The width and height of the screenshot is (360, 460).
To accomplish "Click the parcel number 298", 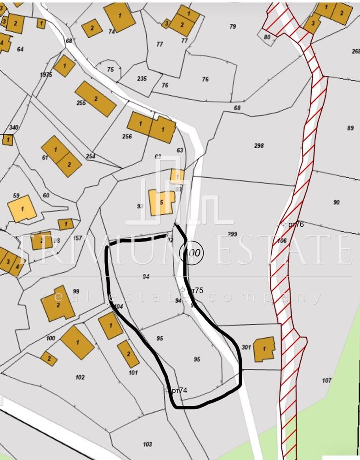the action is (259, 146).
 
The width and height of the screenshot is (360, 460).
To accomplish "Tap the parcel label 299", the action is (232, 234).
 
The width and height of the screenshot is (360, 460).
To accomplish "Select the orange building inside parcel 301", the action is (264, 349).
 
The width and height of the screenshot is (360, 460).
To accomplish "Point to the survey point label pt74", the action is (179, 391).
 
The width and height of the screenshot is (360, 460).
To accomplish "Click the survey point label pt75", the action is (196, 290).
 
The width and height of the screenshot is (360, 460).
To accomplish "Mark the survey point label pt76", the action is (296, 224).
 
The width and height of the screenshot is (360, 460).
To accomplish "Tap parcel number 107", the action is (326, 380).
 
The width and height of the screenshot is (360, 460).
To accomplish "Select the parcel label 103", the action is (147, 444).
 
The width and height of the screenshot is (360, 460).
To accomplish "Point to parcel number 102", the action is (80, 377).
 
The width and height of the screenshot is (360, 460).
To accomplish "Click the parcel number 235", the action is (142, 79).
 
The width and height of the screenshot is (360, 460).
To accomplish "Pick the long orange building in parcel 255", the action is (96, 98).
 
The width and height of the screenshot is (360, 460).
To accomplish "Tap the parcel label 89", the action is (351, 128).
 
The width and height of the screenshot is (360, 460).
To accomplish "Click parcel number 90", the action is (336, 202).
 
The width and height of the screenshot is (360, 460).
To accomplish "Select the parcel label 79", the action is (233, 27).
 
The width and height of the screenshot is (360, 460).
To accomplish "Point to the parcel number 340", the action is (14, 127).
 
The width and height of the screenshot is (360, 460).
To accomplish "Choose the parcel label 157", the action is (77, 238).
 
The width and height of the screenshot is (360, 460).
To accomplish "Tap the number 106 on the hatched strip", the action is (282, 241).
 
